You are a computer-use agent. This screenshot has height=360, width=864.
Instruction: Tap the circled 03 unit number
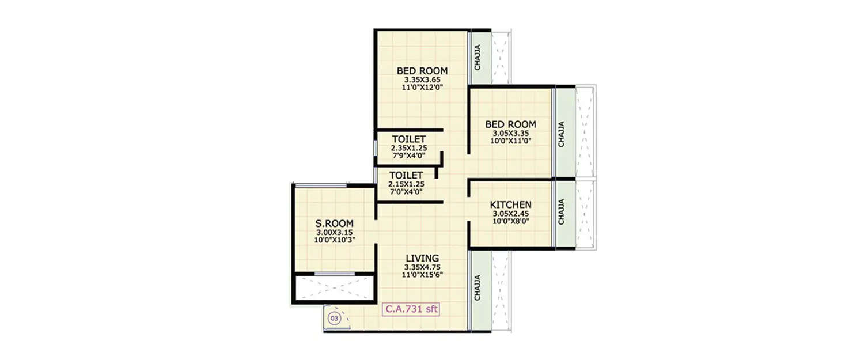[x=334, y=317]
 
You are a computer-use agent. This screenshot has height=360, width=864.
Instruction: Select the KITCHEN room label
[x=510, y=205]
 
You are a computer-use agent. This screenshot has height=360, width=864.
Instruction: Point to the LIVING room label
[x=422, y=259]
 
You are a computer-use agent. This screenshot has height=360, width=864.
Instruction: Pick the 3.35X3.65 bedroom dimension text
[x=422, y=79]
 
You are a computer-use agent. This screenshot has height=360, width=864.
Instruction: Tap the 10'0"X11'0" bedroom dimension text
[x=510, y=140]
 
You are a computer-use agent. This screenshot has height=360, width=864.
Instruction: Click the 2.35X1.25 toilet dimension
[x=409, y=147]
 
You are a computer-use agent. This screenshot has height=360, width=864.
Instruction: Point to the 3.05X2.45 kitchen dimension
[x=510, y=213]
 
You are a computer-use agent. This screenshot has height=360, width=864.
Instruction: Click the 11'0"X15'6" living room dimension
[x=422, y=275]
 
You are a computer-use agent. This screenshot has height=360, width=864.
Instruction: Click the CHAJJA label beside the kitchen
[x=562, y=211]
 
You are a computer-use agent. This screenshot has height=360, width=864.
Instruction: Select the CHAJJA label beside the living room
[x=478, y=287]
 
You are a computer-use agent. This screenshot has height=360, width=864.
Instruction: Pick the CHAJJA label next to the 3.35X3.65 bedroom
[x=478, y=58]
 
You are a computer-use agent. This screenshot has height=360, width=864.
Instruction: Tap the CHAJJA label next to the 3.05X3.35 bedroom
[x=562, y=133]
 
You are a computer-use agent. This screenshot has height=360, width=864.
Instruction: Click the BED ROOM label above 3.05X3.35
[x=510, y=124]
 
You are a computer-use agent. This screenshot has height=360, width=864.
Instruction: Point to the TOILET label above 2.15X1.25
[x=406, y=175]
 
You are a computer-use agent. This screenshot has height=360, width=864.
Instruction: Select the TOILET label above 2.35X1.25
[x=409, y=139]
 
